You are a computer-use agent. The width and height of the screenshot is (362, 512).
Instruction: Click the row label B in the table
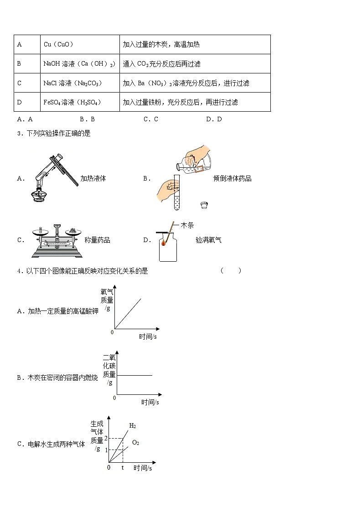[x=19, y=64]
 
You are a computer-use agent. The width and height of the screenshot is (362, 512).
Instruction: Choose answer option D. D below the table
[x=213, y=119]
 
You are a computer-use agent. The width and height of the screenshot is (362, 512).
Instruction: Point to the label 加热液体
[x=93, y=179]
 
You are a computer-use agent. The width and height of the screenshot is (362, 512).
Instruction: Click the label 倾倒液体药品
[x=232, y=179]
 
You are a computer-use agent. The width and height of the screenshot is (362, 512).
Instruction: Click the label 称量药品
[x=97, y=240]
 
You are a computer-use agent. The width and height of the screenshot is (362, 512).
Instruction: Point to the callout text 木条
[x=187, y=226]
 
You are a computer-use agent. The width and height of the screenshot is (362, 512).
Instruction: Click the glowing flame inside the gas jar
[x=165, y=244]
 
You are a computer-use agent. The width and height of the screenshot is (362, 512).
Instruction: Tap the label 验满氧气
[x=208, y=240]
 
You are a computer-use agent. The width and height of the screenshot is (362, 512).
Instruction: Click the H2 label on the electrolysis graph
[x=132, y=426]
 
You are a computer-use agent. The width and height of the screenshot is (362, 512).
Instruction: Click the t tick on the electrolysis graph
[x=122, y=468]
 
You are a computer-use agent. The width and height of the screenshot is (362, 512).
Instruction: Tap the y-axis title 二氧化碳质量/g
[x=109, y=370]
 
